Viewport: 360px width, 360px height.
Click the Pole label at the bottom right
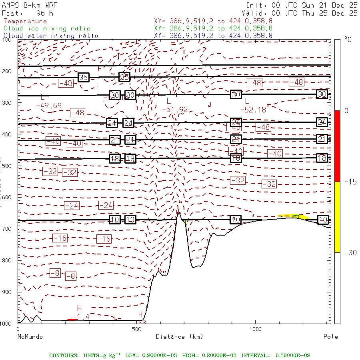(x=330, y=337)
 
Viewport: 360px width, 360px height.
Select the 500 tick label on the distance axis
(x=136, y=329)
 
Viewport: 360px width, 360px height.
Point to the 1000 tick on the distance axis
(x=255, y=329)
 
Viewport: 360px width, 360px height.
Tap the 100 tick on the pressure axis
(x=9, y=40)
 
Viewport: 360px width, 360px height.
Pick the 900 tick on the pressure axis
(x=9, y=292)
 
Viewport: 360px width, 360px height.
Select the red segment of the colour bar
(x=337, y=146)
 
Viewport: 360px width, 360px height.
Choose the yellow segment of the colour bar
(x=337, y=217)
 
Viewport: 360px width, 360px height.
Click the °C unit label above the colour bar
(x=348, y=40)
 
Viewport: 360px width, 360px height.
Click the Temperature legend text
(x=25, y=21)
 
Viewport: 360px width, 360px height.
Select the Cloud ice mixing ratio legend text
(x=47, y=28)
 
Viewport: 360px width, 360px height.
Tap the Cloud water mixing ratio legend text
(x=51, y=36)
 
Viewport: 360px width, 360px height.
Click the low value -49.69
(x=49, y=106)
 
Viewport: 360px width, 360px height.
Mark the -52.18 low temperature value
(x=253, y=110)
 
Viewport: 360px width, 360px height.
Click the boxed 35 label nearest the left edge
(x=83, y=78)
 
